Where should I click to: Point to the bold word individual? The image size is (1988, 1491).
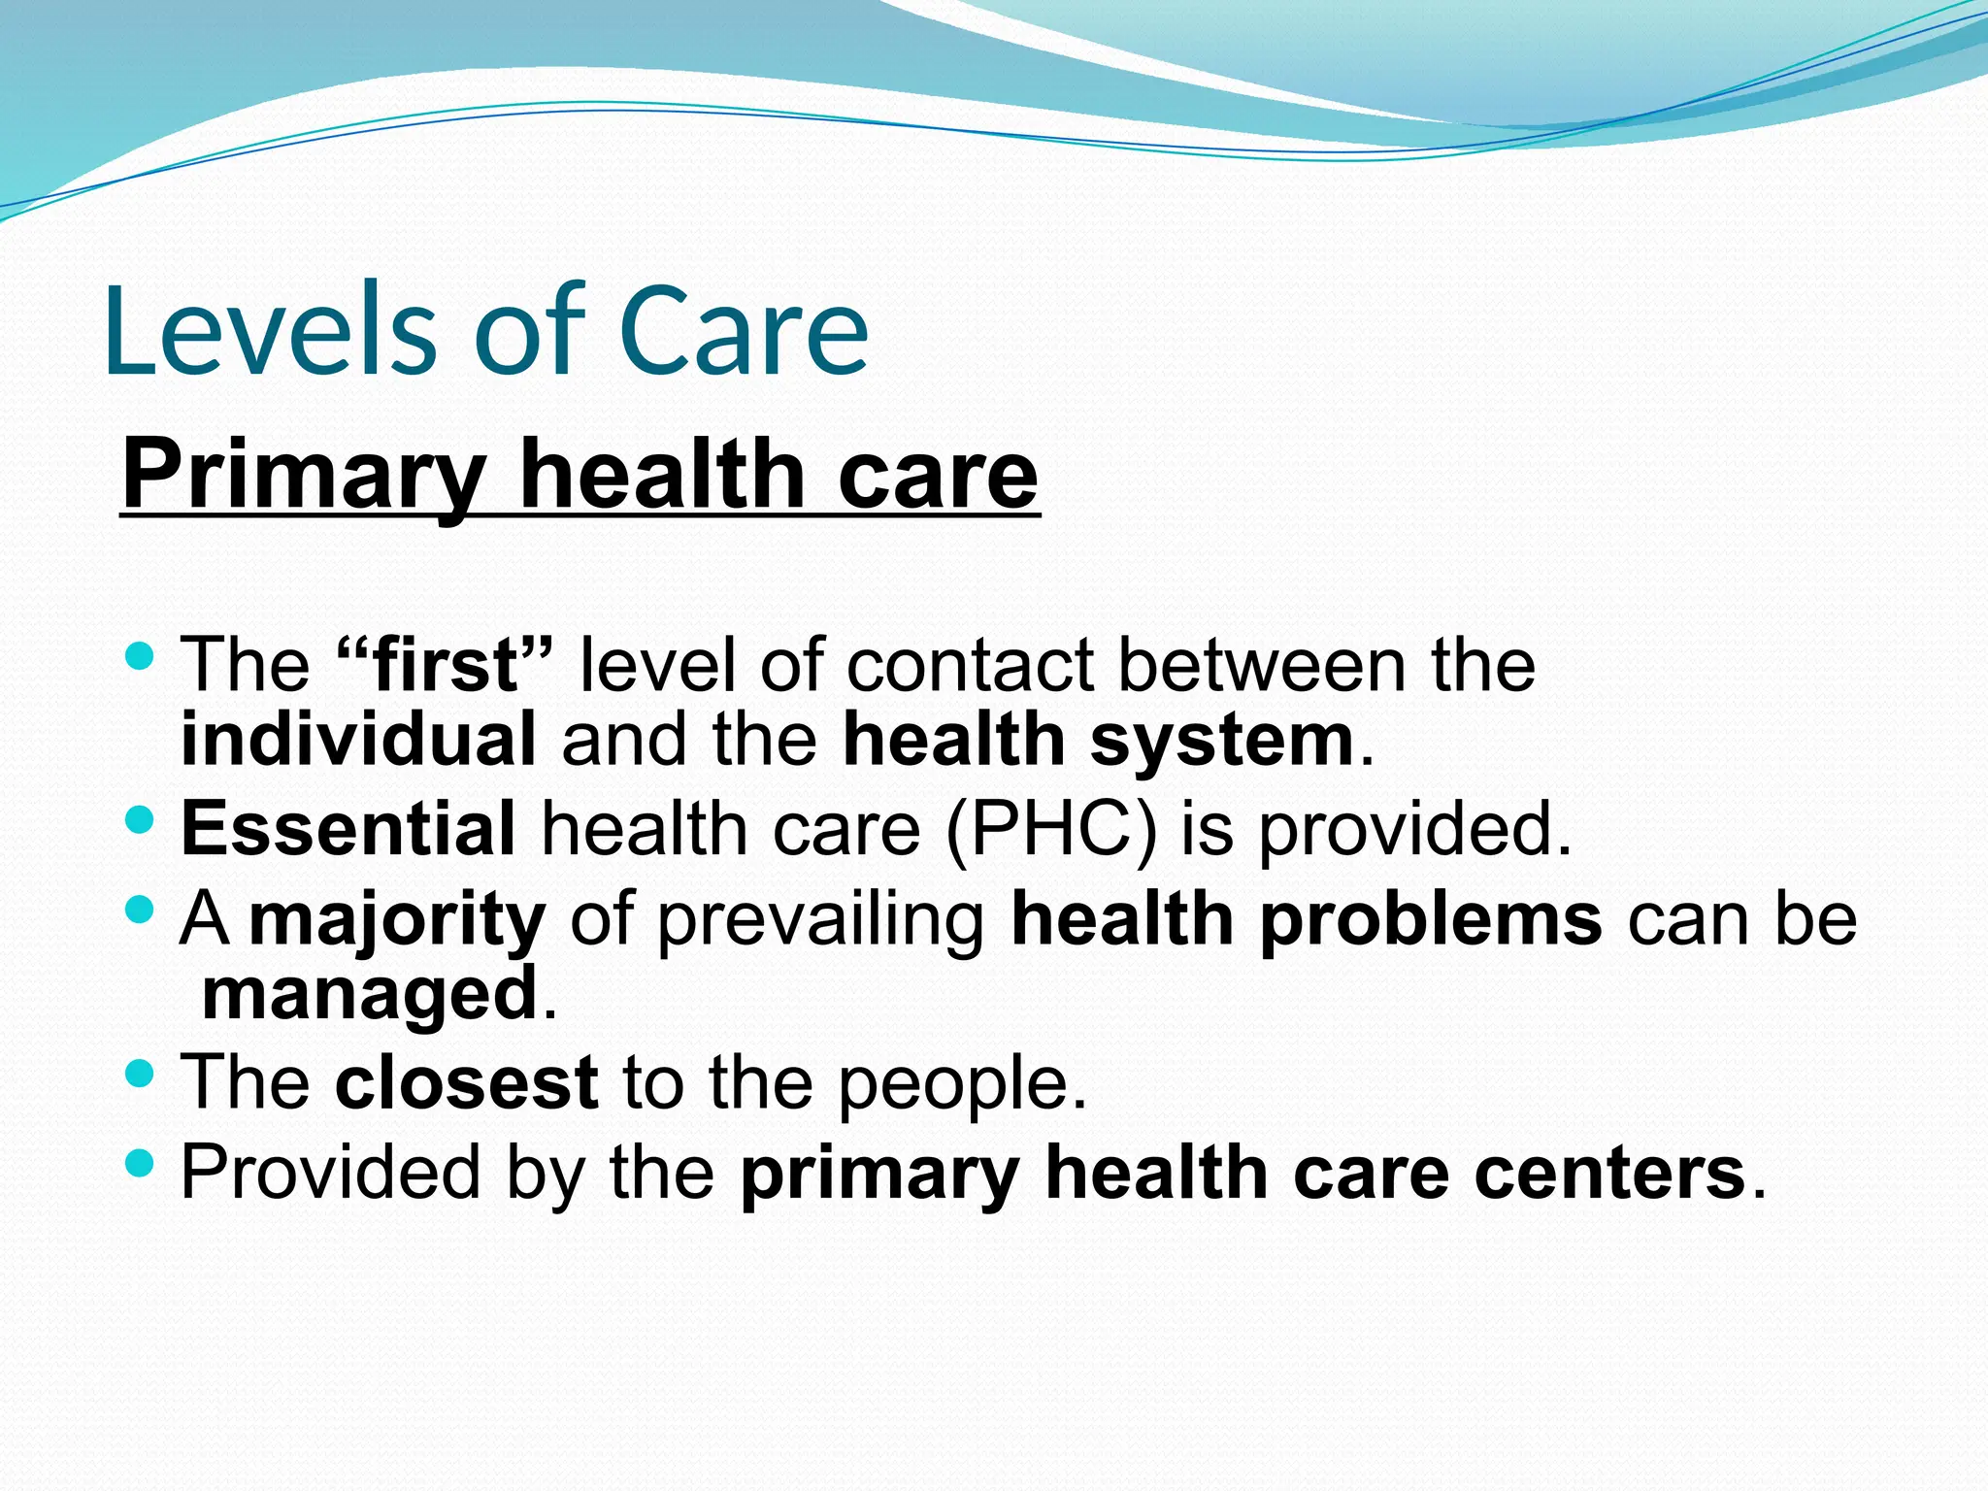tap(358, 740)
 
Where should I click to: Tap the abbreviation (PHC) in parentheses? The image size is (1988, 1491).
tap(1050, 829)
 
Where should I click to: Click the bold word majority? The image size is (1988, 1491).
tap(397, 919)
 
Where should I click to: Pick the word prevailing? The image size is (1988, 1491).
tap(821, 919)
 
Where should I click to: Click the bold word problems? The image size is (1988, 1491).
tap(1431, 919)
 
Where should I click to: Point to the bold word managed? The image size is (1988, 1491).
tap(370, 993)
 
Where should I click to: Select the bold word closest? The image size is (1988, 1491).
tap(466, 1082)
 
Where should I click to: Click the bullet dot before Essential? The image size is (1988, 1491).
tap(140, 820)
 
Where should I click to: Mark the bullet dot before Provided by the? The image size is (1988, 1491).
tap(140, 1162)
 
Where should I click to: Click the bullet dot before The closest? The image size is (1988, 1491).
tap(140, 1073)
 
